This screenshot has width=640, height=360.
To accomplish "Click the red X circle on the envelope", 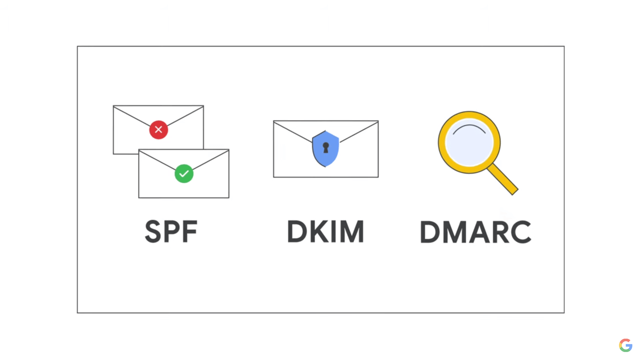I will tap(159, 130).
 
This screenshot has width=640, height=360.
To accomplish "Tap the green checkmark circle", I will tap(184, 174).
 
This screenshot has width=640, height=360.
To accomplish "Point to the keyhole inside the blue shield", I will tap(326, 148).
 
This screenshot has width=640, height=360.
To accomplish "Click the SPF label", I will tap(171, 231).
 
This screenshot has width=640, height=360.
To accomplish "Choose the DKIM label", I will tap(326, 231).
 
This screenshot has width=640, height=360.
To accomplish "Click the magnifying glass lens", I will tap(469, 143).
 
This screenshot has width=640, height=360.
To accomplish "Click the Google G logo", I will tap(626, 345).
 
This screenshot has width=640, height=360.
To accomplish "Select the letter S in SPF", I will tap(153, 231).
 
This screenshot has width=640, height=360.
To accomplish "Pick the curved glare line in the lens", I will tap(469, 127).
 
